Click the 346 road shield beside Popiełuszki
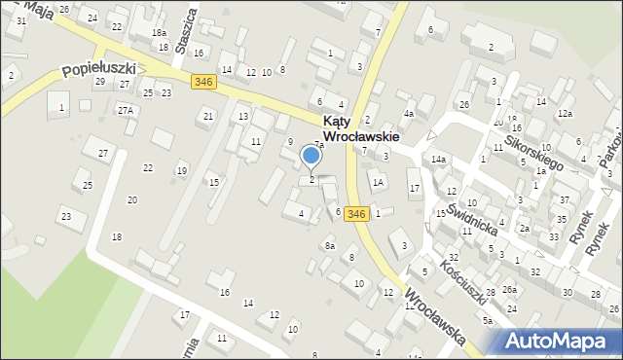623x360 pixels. click(202, 82)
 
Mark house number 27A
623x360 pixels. click(126, 110)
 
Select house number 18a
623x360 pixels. click(159, 32)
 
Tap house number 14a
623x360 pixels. click(439, 159)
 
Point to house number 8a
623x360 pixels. click(329, 246)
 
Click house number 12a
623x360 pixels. click(565, 114)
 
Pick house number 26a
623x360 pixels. click(509, 290)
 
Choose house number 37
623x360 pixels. click(564, 199)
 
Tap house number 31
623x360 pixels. click(21, 20)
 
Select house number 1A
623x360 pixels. click(379, 182)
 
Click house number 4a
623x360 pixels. click(410, 114)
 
